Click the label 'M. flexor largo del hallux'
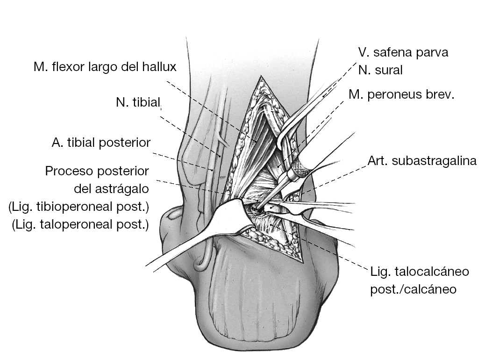point(105,67)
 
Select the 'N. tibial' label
point(138,102)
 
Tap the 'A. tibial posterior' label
point(101,143)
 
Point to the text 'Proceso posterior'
point(97,171)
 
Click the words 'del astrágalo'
point(111,189)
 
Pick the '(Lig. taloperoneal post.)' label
point(80,225)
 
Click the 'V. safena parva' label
point(403,52)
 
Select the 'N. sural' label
point(380,71)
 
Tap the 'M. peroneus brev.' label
point(401,95)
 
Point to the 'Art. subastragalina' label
point(422,161)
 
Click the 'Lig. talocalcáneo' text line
point(419,271)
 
